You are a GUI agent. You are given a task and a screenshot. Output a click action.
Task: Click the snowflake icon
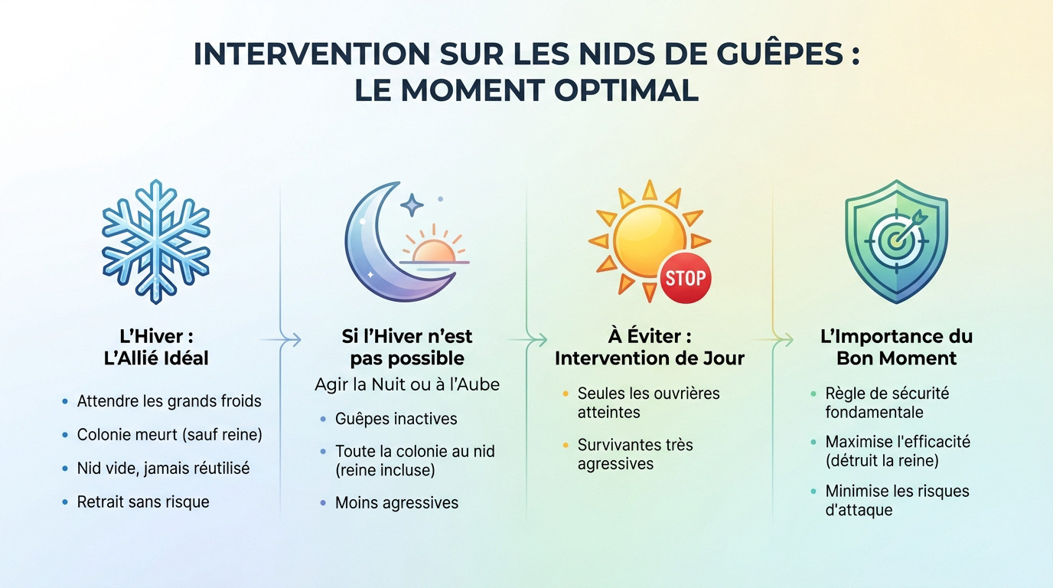click(156, 241)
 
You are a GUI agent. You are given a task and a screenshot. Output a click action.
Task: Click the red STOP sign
click(684, 276)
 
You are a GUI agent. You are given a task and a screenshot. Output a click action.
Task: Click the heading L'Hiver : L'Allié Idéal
click(156, 347)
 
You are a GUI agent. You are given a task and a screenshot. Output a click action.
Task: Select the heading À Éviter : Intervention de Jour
click(649, 347)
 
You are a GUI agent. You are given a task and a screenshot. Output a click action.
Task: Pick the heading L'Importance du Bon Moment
click(896, 347)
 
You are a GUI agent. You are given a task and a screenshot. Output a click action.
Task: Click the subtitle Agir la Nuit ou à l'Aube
click(407, 384)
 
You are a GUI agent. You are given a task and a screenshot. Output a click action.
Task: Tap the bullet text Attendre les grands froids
click(169, 401)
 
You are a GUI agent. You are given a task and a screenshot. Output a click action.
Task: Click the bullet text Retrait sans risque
click(143, 502)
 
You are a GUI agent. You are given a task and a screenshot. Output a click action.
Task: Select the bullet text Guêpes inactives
click(396, 419)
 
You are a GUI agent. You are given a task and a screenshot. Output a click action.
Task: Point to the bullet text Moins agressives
click(396, 503)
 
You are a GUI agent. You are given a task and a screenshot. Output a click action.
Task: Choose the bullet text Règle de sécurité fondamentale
click(887, 403)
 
